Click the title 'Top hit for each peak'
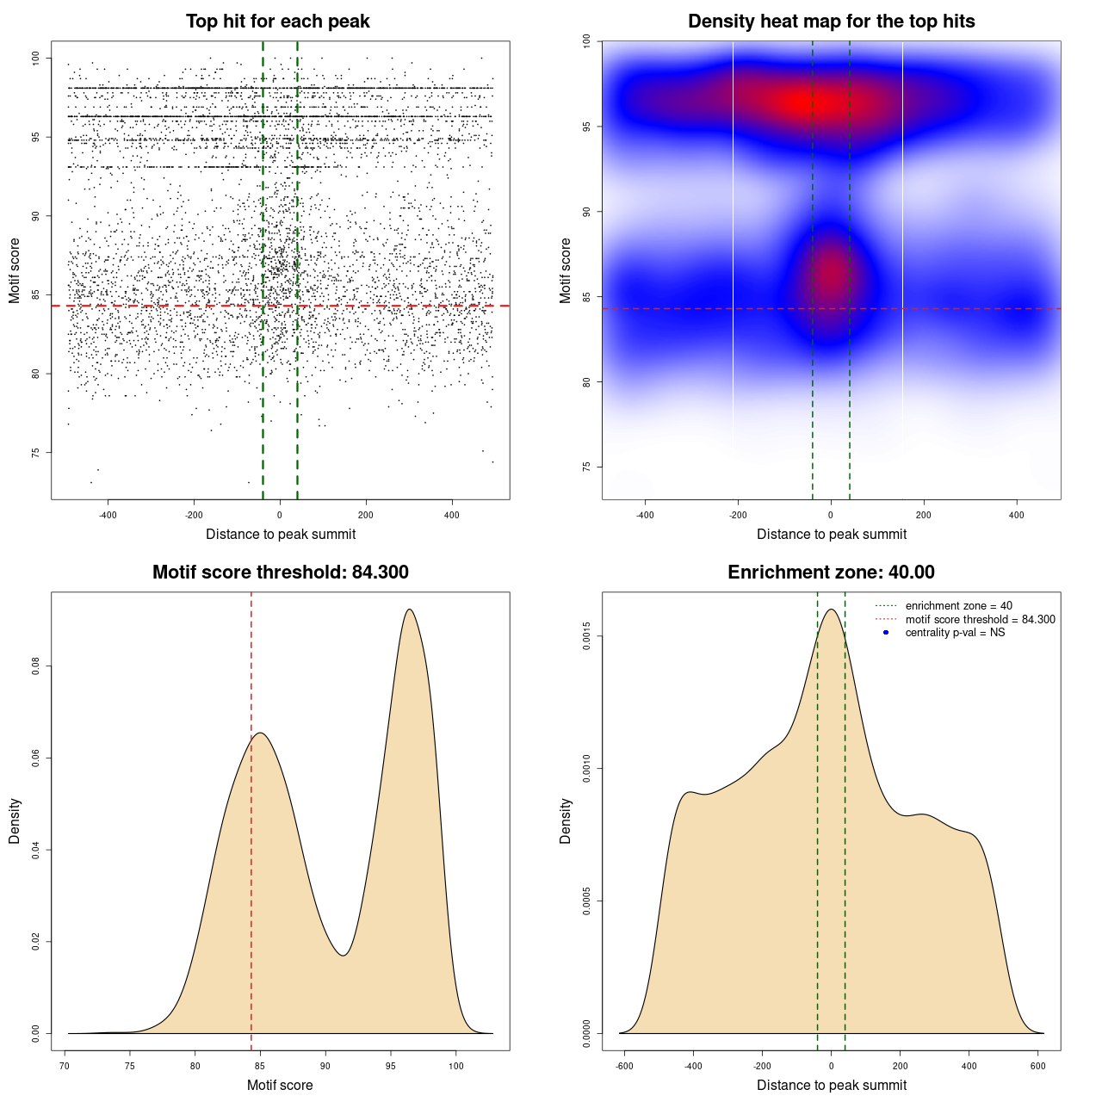[278, 22]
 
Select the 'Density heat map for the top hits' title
[831, 22]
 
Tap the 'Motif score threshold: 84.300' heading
[280, 573]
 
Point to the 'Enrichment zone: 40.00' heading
[831, 573]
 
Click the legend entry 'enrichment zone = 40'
[958, 606]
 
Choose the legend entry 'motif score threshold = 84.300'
[980, 620]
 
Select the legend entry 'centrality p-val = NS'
[955, 633]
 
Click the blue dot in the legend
[886, 633]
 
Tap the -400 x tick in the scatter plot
[108, 515]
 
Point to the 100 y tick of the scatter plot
[36, 58]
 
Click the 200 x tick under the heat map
[924, 515]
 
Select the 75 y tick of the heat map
[587, 467]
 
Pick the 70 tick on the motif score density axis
[65, 1066]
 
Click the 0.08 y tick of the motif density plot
[36, 666]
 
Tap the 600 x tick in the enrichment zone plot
[1038, 1066]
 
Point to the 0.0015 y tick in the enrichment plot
[587, 636]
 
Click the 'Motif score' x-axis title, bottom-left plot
[280, 1085]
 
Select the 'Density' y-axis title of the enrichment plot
[566, 820]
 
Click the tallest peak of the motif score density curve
[410, 610]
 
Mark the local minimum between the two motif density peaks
[344, 956]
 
